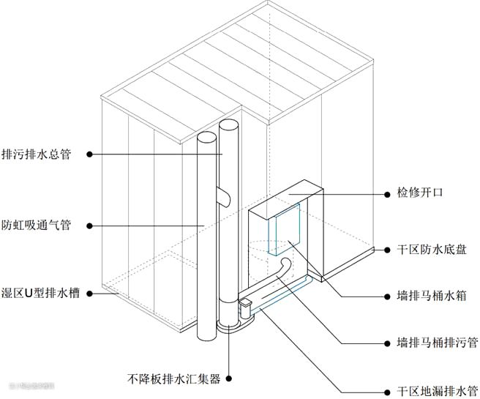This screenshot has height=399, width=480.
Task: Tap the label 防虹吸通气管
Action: coord(37,225)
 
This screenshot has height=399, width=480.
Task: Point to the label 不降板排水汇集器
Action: coord(173,379)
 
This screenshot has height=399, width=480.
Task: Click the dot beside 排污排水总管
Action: coord(89,154)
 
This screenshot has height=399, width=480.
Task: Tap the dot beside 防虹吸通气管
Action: coord(89,225)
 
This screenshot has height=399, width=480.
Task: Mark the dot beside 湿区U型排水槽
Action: coord(89,294)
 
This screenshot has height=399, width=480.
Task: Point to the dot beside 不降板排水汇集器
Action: coord(230,379)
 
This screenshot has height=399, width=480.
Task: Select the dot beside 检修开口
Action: coord(389,195)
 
